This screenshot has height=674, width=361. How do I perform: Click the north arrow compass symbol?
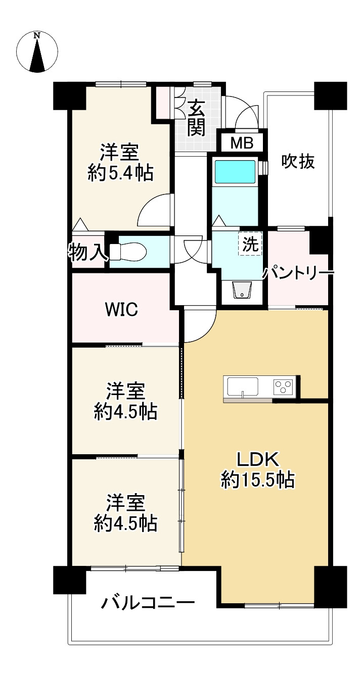point(37,52)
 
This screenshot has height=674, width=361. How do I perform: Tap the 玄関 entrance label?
point(196,119)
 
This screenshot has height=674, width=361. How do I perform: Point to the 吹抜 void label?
point(298,161)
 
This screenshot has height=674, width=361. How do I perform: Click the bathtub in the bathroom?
point(236,172)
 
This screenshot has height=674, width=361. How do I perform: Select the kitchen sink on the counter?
point(243,387)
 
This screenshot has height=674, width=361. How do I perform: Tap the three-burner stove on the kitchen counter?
point(283,387)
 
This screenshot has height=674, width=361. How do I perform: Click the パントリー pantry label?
point(298,273)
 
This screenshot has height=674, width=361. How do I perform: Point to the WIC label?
point(121,309)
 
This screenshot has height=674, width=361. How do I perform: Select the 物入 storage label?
point(86,252)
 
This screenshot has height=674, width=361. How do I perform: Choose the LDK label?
point(258,459)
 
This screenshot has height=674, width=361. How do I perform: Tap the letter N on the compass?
point(37,35)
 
